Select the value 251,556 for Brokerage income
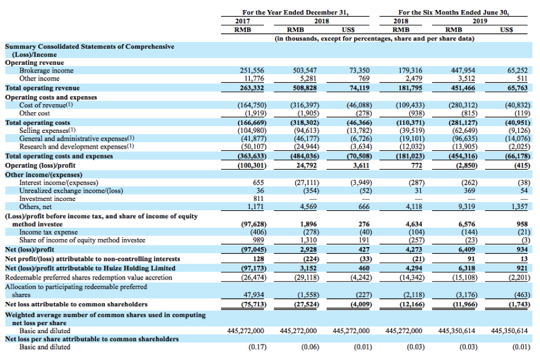[253, 71]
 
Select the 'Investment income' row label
[47, 198]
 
